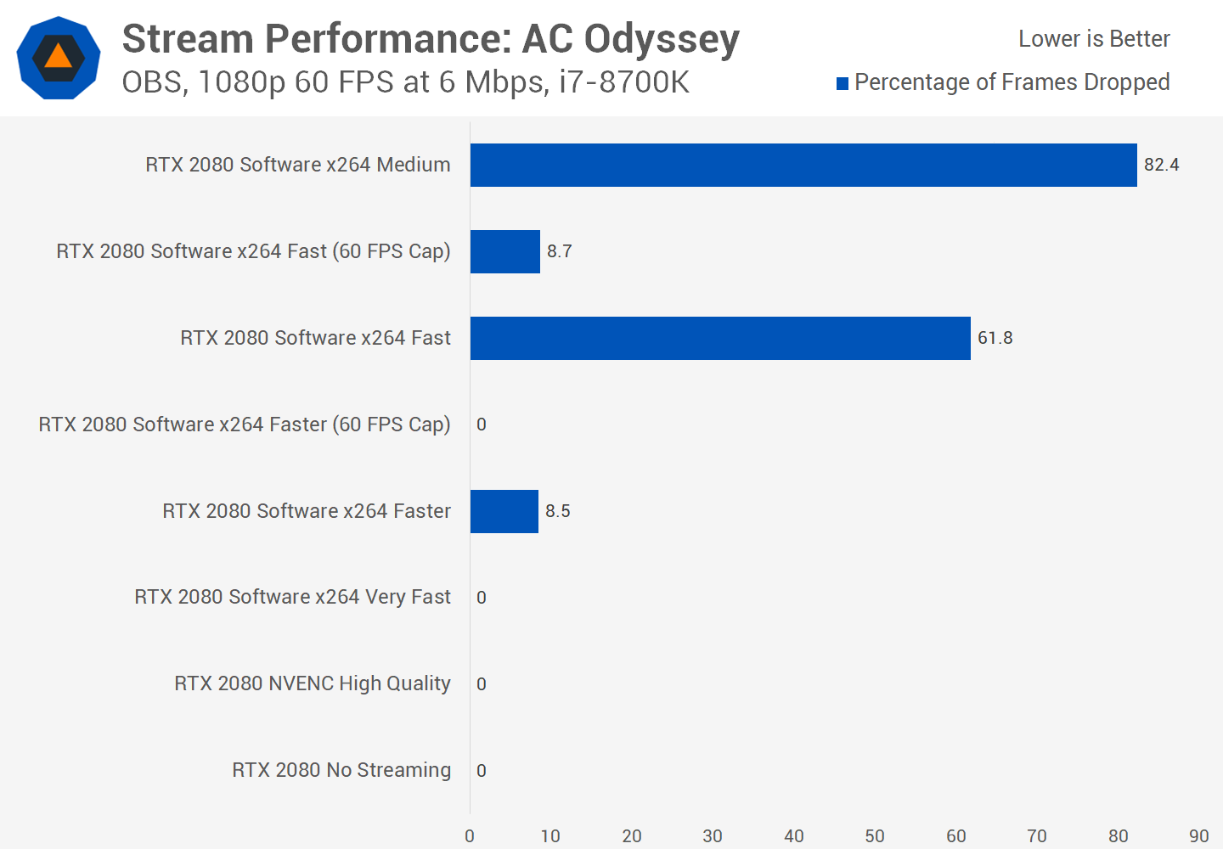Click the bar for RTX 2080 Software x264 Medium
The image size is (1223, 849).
pos(803,165)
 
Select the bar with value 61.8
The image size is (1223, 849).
pos(720,338)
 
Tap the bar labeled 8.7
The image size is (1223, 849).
pos(505,251)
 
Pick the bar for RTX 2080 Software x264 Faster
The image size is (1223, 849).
pos(504,511)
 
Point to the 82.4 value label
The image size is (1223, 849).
pos(1161,165)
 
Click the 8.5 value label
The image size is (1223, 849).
pos(558,511)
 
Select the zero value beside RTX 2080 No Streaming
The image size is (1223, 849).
pos(482,771)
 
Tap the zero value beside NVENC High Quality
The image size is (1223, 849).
pos(482,684)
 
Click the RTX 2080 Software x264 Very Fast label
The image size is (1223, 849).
pos(292,598)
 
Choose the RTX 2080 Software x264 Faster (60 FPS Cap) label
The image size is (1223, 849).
pos(245,424)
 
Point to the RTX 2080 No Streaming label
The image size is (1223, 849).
pos(341,771)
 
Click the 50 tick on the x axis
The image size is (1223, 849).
pos(875,836)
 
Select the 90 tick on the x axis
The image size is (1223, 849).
pos(1198,836)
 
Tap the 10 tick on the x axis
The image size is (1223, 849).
pos(550,836)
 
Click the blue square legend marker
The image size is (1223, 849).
pos(843,83)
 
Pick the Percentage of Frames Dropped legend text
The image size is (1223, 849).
pos(1012,82)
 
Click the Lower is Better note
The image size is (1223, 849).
pos(1094,39)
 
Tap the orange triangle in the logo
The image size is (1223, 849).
pos(58,57)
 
